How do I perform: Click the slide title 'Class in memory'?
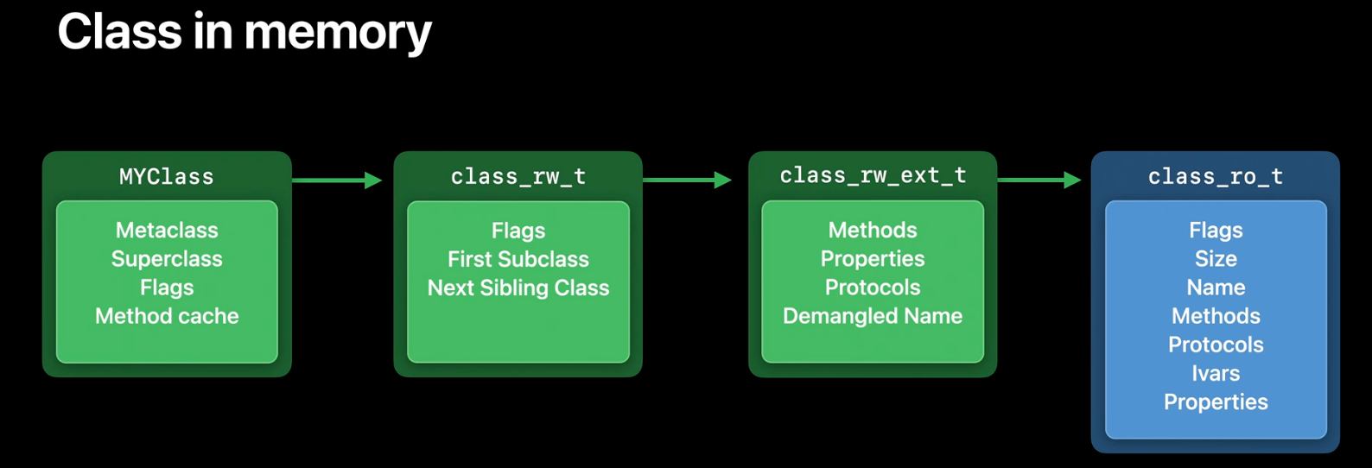(245, 33)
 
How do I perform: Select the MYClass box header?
(167, 177)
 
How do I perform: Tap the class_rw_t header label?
(518, 177)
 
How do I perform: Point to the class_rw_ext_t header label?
(873, 176)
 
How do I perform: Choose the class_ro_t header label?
(1216, 177)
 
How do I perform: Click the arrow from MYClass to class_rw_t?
(338, 180)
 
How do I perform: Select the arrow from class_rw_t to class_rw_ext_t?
(687, 180)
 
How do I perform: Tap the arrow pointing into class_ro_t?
(1039, 180)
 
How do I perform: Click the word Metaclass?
(167, 230)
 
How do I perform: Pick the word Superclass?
(167, 259)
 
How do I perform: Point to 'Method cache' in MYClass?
(167, 316)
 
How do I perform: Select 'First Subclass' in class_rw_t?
(518, 259)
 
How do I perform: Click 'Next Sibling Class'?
(518, 288)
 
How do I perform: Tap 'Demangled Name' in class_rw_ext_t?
(873, 316)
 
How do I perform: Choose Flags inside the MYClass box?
(167, 288)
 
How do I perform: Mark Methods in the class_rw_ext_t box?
(873, 230)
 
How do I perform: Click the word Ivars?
(1216, 373)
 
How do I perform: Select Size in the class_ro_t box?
(1216, 259)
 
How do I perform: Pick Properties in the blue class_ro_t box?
(1216, 402)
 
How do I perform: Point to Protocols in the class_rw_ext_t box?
(873, 288)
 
